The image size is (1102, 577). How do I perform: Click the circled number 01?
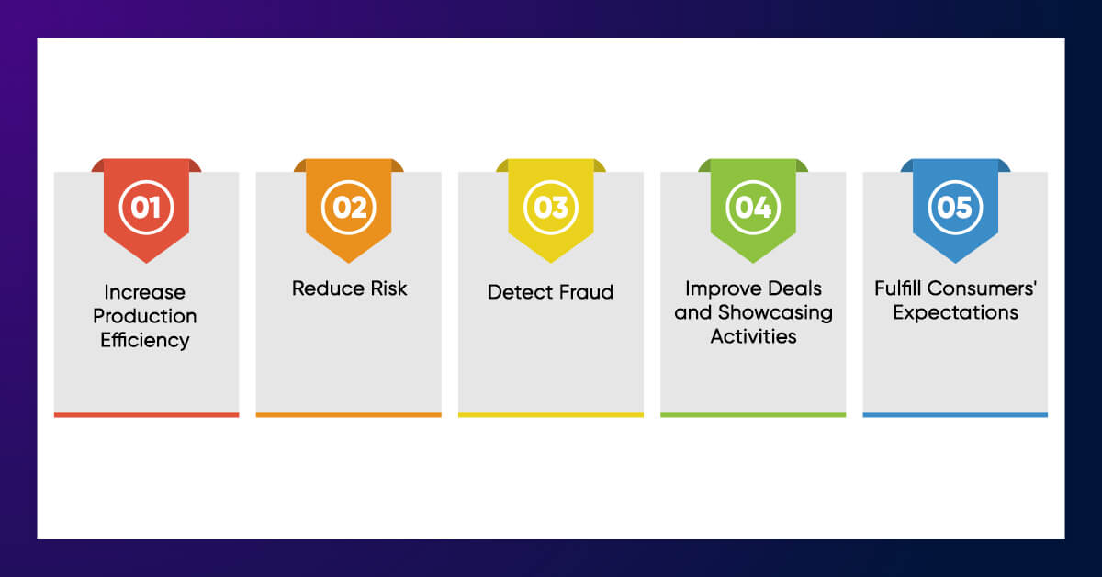click(146, 207)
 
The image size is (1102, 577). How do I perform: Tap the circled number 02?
click(349, 207)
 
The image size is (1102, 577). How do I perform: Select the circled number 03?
click(551, 207)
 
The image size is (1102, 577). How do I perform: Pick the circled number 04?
click(753, 207)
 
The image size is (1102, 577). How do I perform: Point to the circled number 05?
click(955, 207)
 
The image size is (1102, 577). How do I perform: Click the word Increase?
click(145, 292)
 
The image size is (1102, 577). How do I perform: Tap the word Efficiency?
click(146, 340)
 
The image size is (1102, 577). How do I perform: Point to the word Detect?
click(518, 292)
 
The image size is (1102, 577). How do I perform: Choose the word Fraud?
click(584, 292)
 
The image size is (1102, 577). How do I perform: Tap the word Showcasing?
click(774, 312)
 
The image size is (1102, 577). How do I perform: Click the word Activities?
click(753, 336)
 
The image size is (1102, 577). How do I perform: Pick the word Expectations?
click(955, 312)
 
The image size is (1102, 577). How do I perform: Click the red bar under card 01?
click(146, 414)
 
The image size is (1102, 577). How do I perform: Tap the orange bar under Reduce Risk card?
click(349, 414)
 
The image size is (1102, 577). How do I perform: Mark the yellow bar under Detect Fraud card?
click(551, 414)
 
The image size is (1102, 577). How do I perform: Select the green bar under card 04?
click(753, 414)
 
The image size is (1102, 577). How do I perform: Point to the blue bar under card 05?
click(955, 414)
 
